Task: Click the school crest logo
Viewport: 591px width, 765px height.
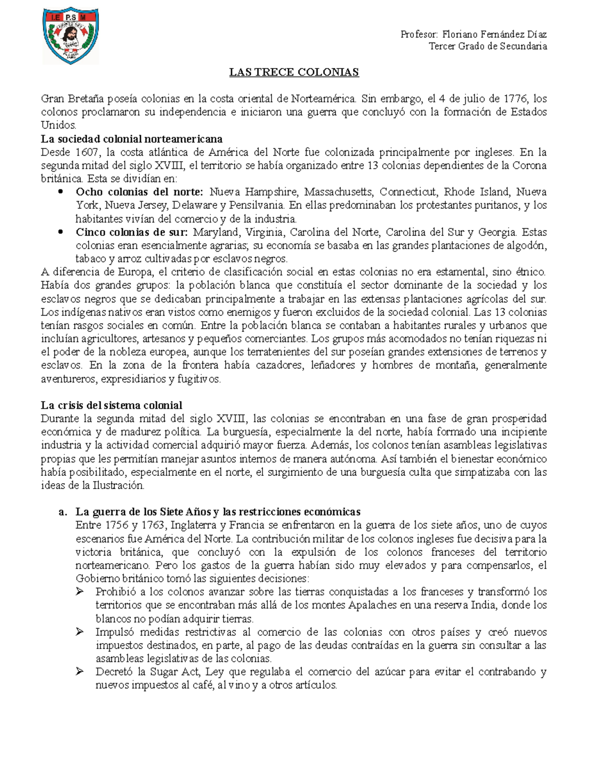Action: (x=70, y=35)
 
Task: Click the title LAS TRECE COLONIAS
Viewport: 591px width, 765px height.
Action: (x=294, y=72)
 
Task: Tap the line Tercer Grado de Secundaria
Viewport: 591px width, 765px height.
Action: (x=488, y=46)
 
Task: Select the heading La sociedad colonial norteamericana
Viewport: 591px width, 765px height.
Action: (x=131, y=139)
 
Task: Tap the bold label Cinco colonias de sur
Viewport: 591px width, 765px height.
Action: (x=131, y=232)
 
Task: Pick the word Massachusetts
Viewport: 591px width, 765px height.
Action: (x=332, y=192)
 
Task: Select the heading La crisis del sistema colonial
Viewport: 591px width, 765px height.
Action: (x=111, y=405)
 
